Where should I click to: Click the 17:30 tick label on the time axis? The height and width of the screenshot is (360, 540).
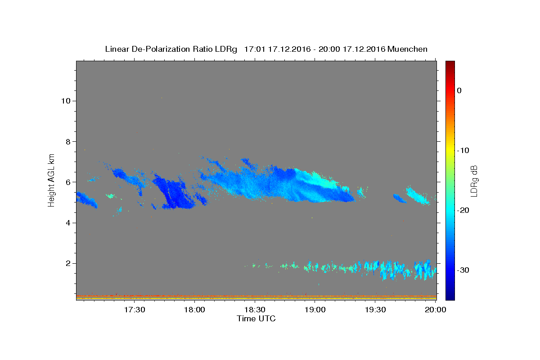(135, 310)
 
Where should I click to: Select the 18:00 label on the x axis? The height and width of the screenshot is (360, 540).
(194, 310)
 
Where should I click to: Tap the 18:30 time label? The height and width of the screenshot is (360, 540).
(255, 310)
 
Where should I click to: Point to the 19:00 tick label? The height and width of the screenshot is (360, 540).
(315, 310)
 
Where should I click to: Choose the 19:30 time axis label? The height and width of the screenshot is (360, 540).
(375, 310)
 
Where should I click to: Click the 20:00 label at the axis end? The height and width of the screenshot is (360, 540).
(436, 310)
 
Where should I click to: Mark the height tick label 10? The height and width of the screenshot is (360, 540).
(66, 101)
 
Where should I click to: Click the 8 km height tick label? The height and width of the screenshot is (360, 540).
(68, 142)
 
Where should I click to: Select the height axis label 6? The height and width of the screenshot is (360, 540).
(68, 182)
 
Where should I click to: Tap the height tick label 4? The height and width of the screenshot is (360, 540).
(68, 223)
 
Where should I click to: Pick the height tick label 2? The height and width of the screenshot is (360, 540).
(68, 264)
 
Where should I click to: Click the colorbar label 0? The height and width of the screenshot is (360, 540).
(459, 90)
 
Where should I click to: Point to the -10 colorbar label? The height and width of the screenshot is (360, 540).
(463, 151)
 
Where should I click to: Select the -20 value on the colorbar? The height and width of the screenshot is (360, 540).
(463, 211)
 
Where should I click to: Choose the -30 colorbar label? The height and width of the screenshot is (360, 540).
(463, 270)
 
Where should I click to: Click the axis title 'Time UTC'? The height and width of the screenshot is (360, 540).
(256, 319)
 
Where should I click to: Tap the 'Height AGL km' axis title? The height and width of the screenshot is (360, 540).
(51, 180)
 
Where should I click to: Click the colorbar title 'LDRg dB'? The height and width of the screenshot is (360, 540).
(474, 181)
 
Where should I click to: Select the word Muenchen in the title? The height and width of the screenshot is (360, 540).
(407, 49)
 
